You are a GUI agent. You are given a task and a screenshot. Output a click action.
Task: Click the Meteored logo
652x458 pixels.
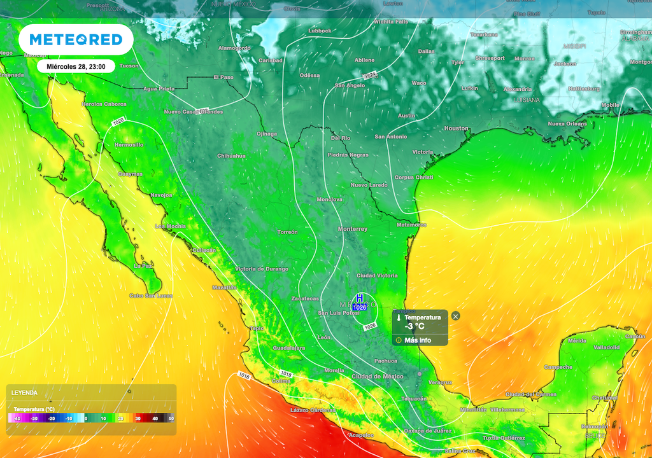click(76, 39)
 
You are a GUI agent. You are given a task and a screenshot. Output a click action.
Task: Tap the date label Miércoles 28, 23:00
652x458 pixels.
click(76, 66)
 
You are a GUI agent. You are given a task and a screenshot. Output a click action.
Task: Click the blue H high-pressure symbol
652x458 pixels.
click(359, 298)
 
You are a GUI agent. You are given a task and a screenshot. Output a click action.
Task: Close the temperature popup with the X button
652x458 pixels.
click(455, 316)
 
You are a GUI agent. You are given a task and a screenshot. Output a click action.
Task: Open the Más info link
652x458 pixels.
click(417, 340)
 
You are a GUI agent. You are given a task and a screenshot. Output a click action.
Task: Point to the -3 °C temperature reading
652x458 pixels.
click(415, 327)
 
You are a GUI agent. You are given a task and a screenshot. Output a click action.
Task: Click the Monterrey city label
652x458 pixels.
click(353, 229)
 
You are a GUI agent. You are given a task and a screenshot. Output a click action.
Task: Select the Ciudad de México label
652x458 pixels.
click(378, 377)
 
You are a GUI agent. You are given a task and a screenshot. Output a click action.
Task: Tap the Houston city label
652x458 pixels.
click(456, 128)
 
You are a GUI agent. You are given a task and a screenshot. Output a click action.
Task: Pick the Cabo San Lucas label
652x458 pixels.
click(152, 295)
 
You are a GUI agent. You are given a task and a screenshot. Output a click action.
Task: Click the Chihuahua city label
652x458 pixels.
click(231, 156)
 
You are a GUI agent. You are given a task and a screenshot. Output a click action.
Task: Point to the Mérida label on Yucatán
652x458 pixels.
click(577, 341)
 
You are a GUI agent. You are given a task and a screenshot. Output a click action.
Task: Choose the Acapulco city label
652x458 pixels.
click(361, 435)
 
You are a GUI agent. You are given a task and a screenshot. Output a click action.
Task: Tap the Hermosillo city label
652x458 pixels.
click(129, 145)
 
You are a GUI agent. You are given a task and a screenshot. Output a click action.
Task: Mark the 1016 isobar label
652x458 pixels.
click(244, 376)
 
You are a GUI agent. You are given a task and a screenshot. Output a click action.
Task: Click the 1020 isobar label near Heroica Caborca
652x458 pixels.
click(118, 121)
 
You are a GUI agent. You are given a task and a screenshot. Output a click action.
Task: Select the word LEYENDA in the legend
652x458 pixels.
click(24, 393)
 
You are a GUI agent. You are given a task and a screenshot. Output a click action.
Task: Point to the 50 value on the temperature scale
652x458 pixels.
click(171, 419)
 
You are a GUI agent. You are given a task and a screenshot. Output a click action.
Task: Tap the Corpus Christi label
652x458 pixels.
click(414, 177)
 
